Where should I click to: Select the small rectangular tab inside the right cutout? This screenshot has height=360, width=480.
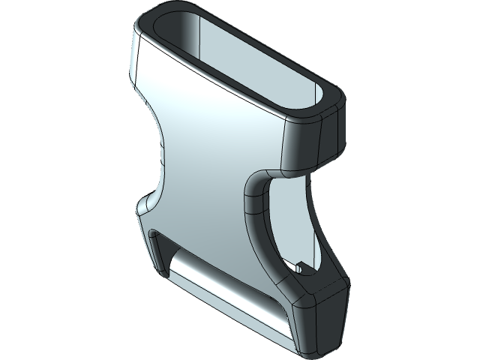300,266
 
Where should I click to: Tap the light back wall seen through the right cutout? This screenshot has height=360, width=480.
296,225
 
